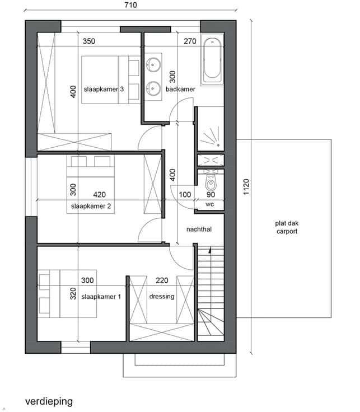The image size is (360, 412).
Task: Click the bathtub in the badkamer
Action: tap(212, 59)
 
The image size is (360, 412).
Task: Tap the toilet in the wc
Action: tap(211, 182)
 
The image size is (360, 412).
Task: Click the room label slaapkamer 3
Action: tap(104, 90)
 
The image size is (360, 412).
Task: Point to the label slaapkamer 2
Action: tap(91, 206)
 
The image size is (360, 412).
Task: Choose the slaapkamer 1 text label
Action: tap(101, 297)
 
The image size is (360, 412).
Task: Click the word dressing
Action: tap(162, 297)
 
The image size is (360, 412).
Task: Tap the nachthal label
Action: tap(199, 230)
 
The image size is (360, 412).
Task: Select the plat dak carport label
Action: tap(287, 227)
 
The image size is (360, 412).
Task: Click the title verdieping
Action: tap(49, 402)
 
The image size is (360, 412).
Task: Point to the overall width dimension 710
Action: tap(130, 5)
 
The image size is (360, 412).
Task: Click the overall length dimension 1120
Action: tap(246, 187)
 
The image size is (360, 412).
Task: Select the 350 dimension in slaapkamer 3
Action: tap(89, 41)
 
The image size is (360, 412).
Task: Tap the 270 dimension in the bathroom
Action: tap(190, 41)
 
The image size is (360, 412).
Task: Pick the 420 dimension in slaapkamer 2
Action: tap(99, 195)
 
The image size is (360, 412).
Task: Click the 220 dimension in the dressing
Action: tap(162, 280)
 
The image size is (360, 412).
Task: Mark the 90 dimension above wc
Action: tap(211, 195)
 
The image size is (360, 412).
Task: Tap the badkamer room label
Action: tap(180, 90)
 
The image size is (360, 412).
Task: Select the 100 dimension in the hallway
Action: tap(185, 195)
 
